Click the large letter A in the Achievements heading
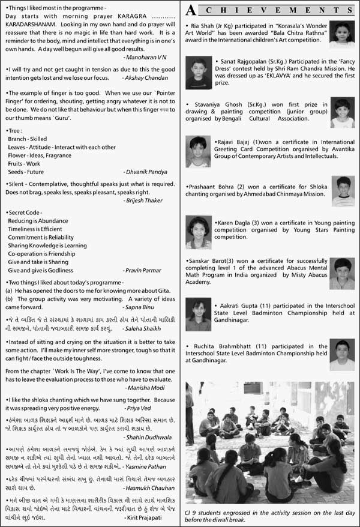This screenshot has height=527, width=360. pos(191,10)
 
